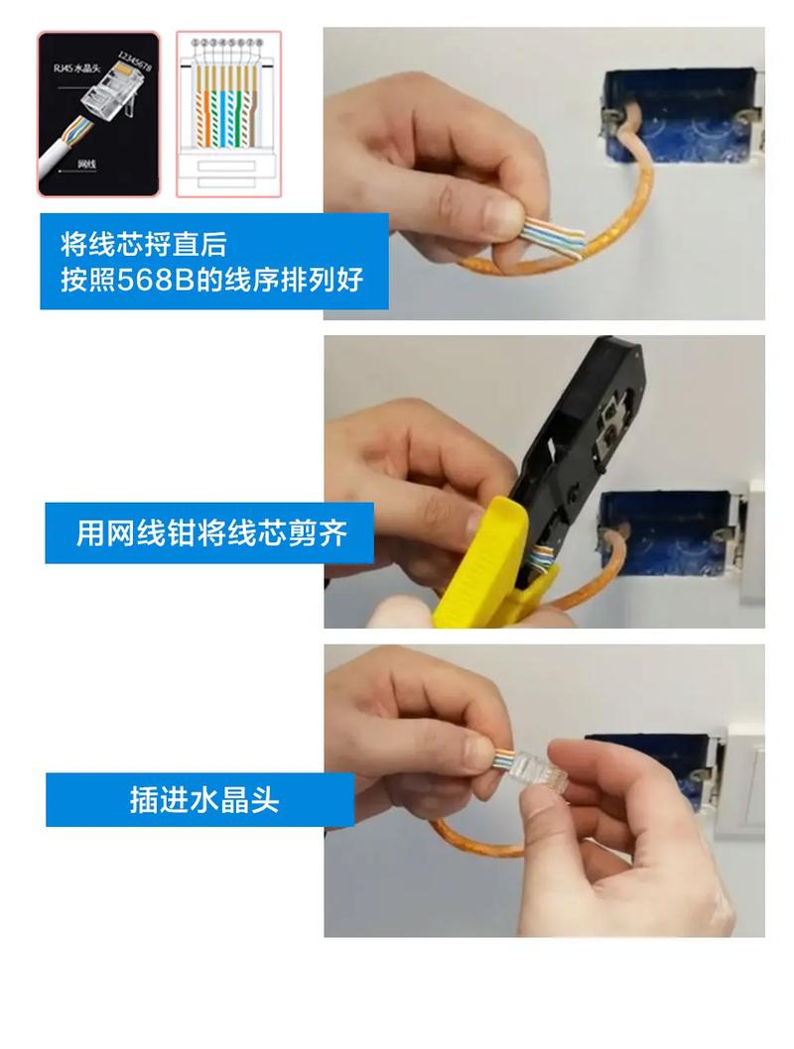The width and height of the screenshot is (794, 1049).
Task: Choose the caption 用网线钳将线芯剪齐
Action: pos(210,533)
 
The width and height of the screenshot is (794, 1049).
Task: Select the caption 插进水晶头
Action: pos(203,799)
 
